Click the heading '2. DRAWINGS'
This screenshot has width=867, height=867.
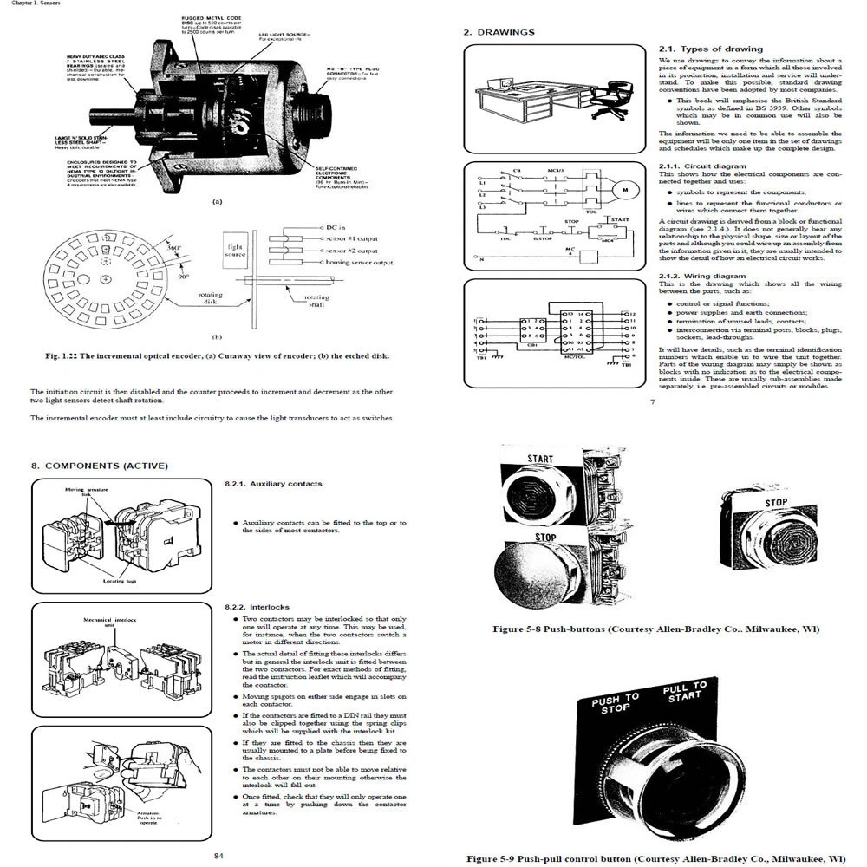point(499,32)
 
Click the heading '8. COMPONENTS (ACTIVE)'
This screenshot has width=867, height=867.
point(100,466)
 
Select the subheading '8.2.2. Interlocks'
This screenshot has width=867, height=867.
point(257,607)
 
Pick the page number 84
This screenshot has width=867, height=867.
point(219,856)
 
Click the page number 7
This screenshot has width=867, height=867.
point(652,401)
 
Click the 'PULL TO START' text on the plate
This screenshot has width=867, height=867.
point(684,692)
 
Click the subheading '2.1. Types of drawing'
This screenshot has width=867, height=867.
point(710,49)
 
